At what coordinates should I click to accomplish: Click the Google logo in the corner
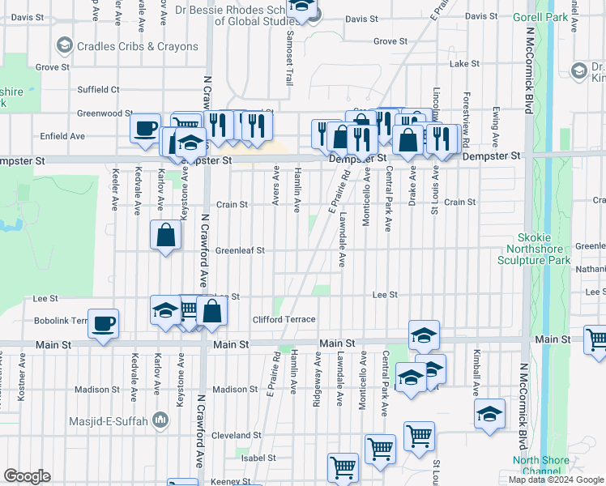pyautogui.click(x=27, y=476)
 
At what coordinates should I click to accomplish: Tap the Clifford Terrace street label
pyautogui.click(x=284, y=319)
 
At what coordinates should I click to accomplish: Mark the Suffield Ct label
pyautogui.click(x=98, y=89)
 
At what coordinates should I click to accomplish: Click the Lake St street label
pyautogui.click(x=464, y=63)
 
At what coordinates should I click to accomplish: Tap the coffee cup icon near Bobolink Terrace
pyautogui.click(x=103, y=324)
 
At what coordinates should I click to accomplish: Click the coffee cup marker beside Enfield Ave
pyautogui.click(x=145, y=128)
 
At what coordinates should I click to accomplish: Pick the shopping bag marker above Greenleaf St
pyautogui.click(x=166, y=236)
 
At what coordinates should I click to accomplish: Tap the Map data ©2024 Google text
pyautogui.click(x=557, y=480)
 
